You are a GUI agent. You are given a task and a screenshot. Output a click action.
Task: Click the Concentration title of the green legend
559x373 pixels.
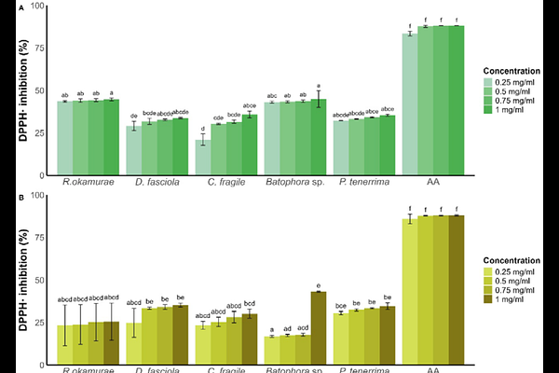click(x=512, y=69)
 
